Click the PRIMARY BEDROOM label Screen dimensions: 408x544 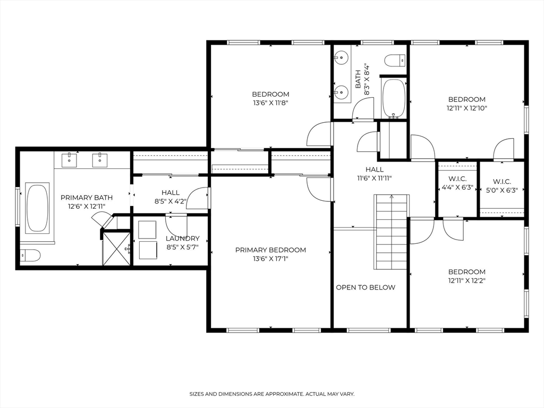point(270,250)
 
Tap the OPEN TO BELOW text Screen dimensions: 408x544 point(365,287)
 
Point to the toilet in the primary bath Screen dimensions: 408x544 point(30,256)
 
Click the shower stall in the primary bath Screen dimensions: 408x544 point(116,248)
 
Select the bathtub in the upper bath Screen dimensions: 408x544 point(394,98)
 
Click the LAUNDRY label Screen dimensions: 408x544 point(182,239)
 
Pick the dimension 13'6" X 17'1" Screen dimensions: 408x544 point(270,259)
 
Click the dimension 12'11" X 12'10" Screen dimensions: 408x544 point(466,108)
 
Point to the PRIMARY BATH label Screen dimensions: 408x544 point(87,197)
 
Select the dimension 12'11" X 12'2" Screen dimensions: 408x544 point(466,280)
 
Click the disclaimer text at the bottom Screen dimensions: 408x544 point(271,394)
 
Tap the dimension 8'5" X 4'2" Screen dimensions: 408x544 point(171,202)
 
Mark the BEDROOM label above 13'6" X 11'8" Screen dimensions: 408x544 point(270,94)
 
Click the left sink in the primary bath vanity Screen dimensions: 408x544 point(70,158)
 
